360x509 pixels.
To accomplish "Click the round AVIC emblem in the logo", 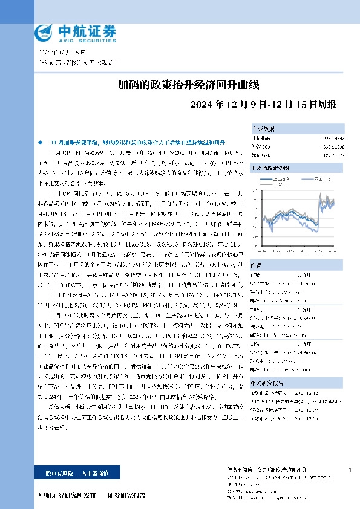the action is [x=44, y=31].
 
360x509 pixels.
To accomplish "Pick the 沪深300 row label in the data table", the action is [x=261, y=147].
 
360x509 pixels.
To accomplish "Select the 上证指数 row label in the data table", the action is [x=262, y=139].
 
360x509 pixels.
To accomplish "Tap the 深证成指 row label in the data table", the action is [x=262, y=155].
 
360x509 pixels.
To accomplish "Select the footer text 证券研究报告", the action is [x=126, y=496].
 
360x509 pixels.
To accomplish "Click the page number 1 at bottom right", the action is [x=350, y=470].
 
